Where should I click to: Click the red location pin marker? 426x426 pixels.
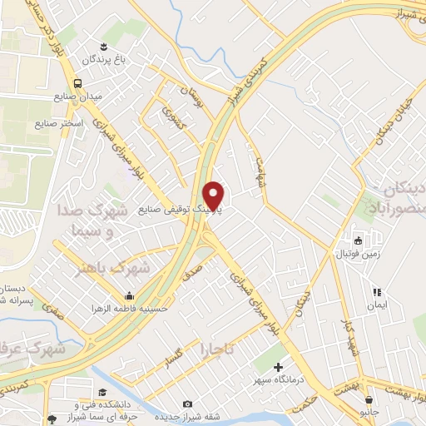pyautogui.click(x=215, y=196)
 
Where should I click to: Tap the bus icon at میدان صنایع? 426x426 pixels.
pyautogui.click(x=77, y=83)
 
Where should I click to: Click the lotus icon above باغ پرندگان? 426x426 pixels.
pyautogui.click(x=104, y=45)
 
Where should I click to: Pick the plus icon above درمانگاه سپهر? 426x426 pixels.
pyautogui.click(x=278, y=367)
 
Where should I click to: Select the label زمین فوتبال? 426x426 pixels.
pyautogui.click(x=359, y=252)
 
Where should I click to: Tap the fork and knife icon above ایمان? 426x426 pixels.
pyautogui.click(x=376, y=292)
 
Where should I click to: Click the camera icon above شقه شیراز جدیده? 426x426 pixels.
pyautogui.click(x=186, y=404)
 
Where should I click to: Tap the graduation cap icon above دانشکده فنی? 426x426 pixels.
pyautogui.click(x=102, y=393)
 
